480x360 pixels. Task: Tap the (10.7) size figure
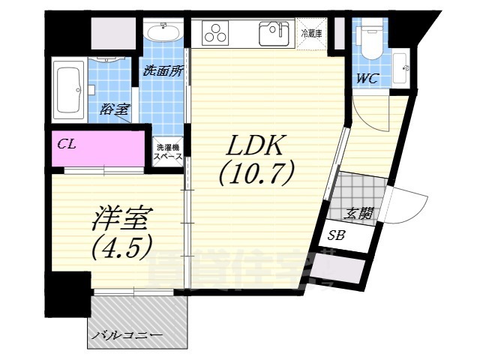pos(254,175)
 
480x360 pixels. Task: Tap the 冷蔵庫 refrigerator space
pos(312,33)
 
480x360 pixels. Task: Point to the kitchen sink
pos(274,34)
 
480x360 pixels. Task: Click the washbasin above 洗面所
pos(161,32)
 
